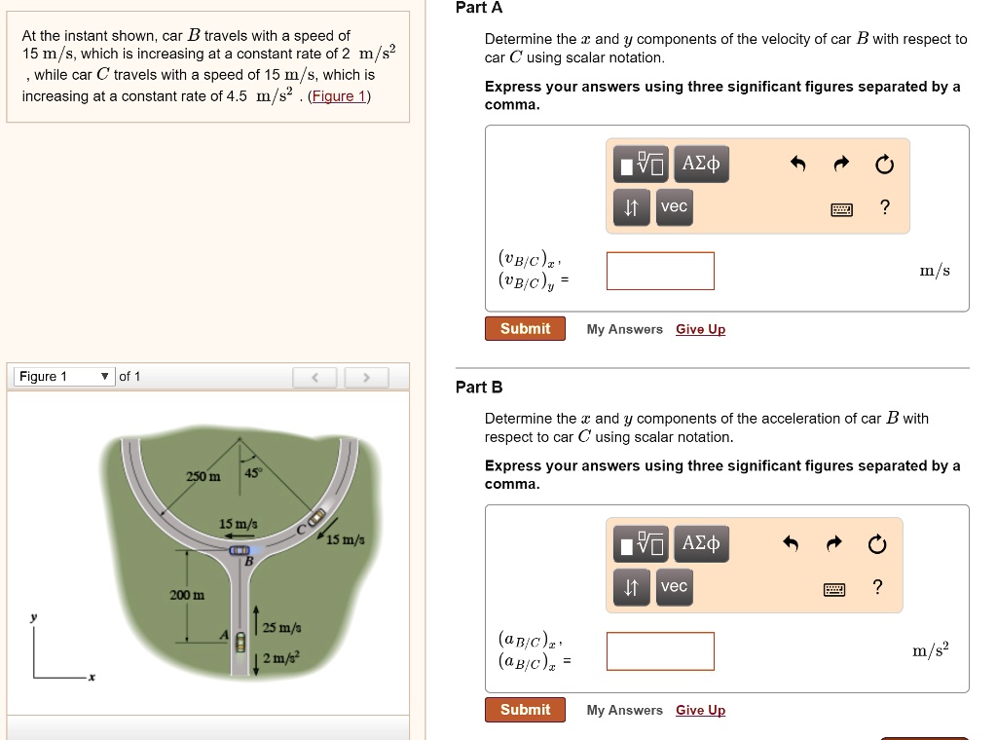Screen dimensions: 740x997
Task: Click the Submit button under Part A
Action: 525,329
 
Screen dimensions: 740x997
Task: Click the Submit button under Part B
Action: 525,710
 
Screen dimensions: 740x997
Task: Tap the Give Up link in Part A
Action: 700,329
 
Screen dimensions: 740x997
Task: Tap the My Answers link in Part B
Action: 624,710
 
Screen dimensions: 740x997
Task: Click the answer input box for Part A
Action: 660,271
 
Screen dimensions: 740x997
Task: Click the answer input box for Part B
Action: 660,651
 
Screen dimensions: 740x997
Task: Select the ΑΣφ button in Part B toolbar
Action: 700,542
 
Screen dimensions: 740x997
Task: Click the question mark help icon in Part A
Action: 884,206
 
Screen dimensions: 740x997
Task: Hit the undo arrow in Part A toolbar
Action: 797,164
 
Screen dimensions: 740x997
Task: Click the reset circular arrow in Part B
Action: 877,543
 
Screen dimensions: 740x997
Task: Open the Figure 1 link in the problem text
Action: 338,95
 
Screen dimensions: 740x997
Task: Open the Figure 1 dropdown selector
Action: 62,377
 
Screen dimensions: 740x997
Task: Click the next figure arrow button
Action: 366,377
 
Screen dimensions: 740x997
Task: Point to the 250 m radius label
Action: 203,475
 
